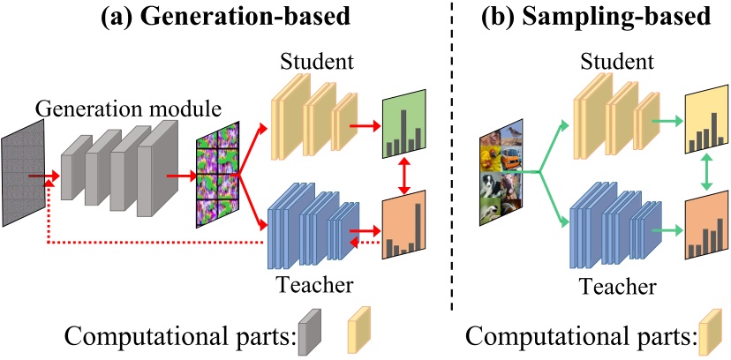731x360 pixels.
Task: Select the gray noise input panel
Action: pyautogui.click(x=23, y=173)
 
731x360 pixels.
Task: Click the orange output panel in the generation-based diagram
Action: pyautogui.click(x=403, y=224)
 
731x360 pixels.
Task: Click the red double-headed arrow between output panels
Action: pyautogui.click(x=403, y=175)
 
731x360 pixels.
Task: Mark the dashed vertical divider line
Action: pyautogui.click(x=451, y=156)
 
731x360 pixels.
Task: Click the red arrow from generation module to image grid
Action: pyautogui.click(x=181, y=176)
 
